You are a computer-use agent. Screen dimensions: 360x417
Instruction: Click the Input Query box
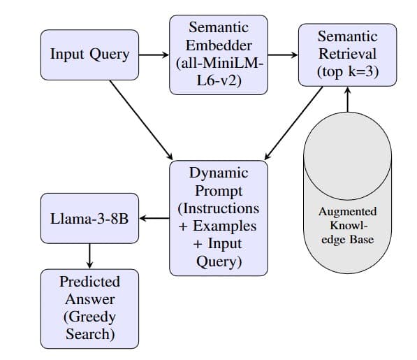click(89, 54)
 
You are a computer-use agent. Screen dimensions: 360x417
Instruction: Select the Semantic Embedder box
click(219, 54)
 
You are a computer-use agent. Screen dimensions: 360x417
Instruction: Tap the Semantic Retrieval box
click(347, 54)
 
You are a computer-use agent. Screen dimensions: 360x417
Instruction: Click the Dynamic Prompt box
click(219, 217)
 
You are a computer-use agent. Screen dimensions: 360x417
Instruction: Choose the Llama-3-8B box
click(89, 217)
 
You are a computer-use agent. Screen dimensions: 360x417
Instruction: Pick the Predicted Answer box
click(89, 308)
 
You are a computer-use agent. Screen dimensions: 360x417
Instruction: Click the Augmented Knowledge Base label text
click(347, 225)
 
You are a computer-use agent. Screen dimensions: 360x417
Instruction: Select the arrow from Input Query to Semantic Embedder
click(154, 54)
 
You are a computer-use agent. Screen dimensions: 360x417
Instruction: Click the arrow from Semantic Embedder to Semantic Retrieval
click(283, 54)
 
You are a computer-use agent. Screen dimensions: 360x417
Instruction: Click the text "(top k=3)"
click(347, 71)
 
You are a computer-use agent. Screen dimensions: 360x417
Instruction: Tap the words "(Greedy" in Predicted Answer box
click(89, 317)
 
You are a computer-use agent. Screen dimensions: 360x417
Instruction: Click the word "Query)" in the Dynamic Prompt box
click(219, 261)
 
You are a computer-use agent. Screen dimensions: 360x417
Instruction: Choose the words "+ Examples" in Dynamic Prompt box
click(219, 226)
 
